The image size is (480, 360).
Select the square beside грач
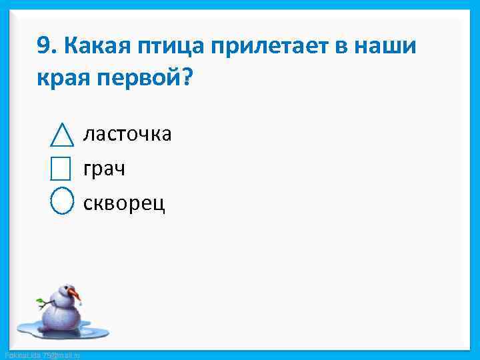click(61, 169)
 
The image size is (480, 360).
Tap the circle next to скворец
click(62, 201)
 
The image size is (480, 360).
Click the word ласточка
click(127, 134)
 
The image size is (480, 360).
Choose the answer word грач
click(104, 169)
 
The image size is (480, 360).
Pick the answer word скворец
click(124, 203)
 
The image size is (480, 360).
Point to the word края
click(61, 79)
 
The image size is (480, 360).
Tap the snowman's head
click(65, 293)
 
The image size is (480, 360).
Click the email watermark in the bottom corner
click(41, 355)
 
